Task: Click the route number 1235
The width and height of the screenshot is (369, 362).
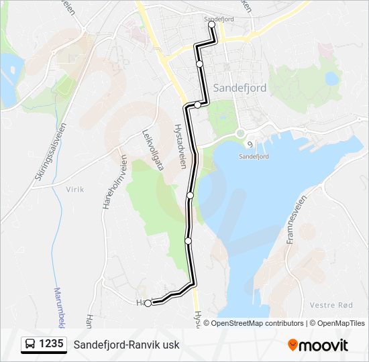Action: tap(51, 345)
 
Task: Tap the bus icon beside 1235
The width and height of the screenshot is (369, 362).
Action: tap(30, 345)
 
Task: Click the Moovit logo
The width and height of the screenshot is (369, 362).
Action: tap(318, 345)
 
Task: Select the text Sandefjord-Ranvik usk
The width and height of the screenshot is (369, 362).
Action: tap(127, 345)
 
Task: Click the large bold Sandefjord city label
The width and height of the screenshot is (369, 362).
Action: tap(240, 88)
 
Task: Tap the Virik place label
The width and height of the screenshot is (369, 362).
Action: tap(74, 190)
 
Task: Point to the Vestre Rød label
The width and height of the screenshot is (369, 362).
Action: tap(331, 305)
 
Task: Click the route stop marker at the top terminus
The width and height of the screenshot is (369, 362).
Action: tap(212, 25)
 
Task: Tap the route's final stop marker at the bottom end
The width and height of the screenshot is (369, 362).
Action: tap(148, 303)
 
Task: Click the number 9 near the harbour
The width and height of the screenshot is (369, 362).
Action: tap(249, 144)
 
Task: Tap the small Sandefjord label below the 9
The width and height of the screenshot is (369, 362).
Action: tap(254, 156)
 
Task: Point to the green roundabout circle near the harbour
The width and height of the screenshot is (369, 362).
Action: tap(240, 133)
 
